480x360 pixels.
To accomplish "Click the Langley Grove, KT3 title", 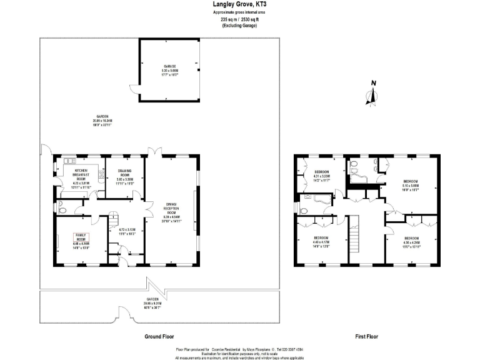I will (x=240, y=4).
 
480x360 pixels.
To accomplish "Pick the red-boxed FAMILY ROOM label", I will (x=82, y=241).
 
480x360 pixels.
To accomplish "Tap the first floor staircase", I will (x=354, y=238).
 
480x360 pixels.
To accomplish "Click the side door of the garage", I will (x=132, y=91).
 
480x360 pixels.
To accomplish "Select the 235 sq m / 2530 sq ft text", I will (x=240, y=19).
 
